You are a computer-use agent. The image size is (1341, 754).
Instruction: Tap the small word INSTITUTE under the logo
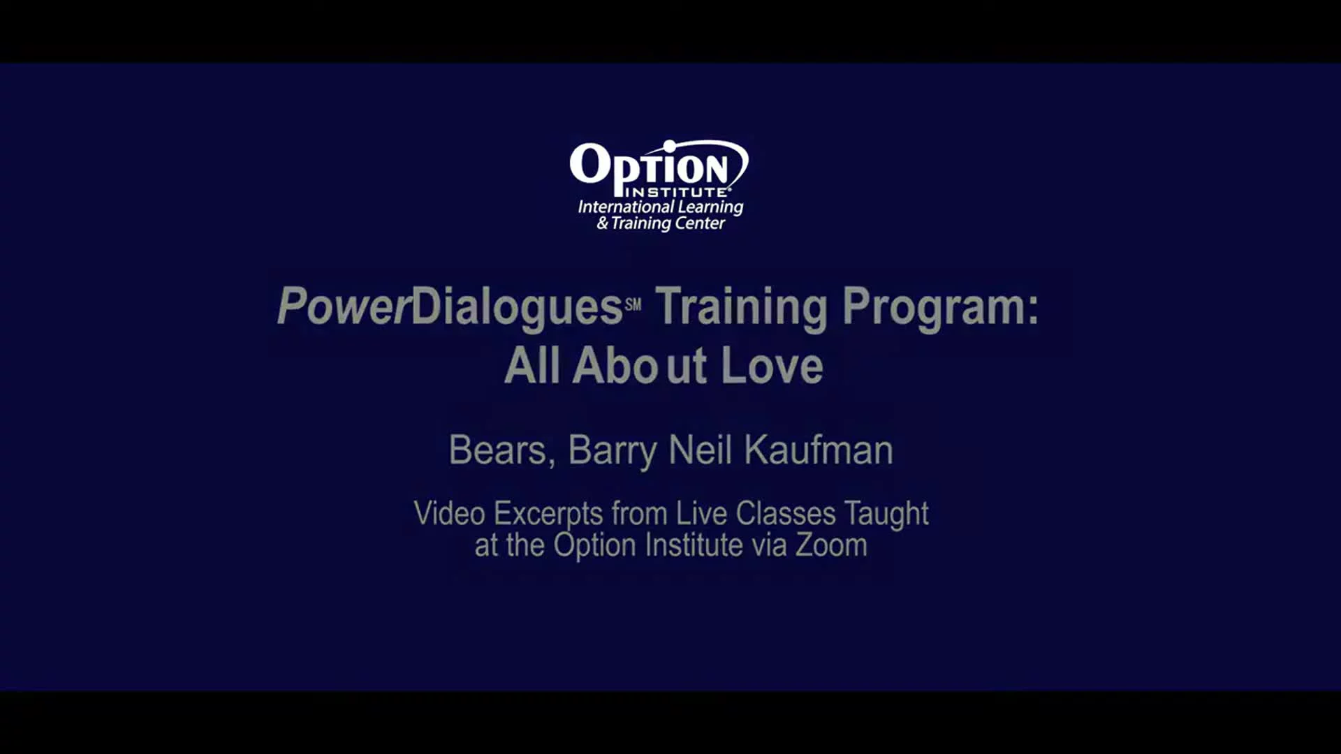pyautogui.click(x=677, y=191)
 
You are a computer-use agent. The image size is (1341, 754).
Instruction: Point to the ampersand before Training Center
pyautogui.click(x=602, y=223)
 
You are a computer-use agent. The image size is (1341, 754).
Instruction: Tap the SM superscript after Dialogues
pyautogui.click(x=633, y=304)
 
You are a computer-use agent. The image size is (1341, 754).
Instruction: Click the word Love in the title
pyautogui.click(x=772, y=366)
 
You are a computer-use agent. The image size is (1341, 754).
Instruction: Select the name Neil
pyautogui.click(x=701, y=450)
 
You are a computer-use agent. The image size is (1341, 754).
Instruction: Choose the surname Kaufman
pyautogui.click(x=819, y=450)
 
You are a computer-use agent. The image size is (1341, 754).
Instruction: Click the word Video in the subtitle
pyautogui.click(x=449, y=513)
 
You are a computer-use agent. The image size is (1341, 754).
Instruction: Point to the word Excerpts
pyautogui.click(x=548, y=515)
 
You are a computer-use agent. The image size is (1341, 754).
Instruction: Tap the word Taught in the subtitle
pyautogui.click(x=886, y=515)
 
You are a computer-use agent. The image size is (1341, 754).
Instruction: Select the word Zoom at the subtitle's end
pyautogui.click(x=831, y=545)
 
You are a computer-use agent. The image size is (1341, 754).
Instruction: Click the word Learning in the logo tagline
pyautogui.click(x=701, y=207)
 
